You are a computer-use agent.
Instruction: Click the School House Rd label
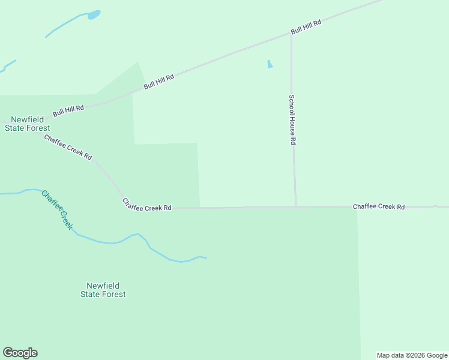tap(292, 120)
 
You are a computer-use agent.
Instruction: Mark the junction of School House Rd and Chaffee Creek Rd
tap(295, 207)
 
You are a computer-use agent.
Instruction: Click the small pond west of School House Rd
tap(270, 64)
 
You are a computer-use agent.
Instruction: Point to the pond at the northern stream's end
tap(94, 14)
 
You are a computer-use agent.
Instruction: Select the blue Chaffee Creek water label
tap(57, 209)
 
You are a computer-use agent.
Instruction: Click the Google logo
tap(20, 353)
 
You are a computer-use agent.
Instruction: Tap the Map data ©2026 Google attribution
tap(412, 355)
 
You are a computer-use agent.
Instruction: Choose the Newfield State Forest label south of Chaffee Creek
tap(103, 290)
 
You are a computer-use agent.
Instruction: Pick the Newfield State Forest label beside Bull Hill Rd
tap(28, 124)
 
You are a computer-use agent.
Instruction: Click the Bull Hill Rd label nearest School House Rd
tap(306, 27)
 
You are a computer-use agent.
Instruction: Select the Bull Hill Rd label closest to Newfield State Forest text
tap(68, 109)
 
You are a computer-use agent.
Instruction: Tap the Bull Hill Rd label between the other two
tap(158, 82)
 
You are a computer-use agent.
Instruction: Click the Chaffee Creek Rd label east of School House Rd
tap(378, 206)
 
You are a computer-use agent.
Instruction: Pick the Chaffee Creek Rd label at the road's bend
tap(146, 205)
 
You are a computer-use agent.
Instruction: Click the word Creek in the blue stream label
tap(65, 220)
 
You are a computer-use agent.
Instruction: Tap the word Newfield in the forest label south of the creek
tap(103, 286)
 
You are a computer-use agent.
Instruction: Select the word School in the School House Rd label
tap(292, 104)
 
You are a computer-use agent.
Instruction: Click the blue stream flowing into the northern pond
tap(66, 24)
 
